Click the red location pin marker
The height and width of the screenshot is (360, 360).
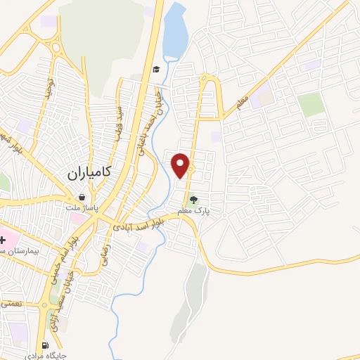click(181, 165)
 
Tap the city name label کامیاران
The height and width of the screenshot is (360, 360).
click(92, 172)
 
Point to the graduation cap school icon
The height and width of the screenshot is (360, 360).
click(156, 69)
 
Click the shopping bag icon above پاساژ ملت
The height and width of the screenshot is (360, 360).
click(84, 198)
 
